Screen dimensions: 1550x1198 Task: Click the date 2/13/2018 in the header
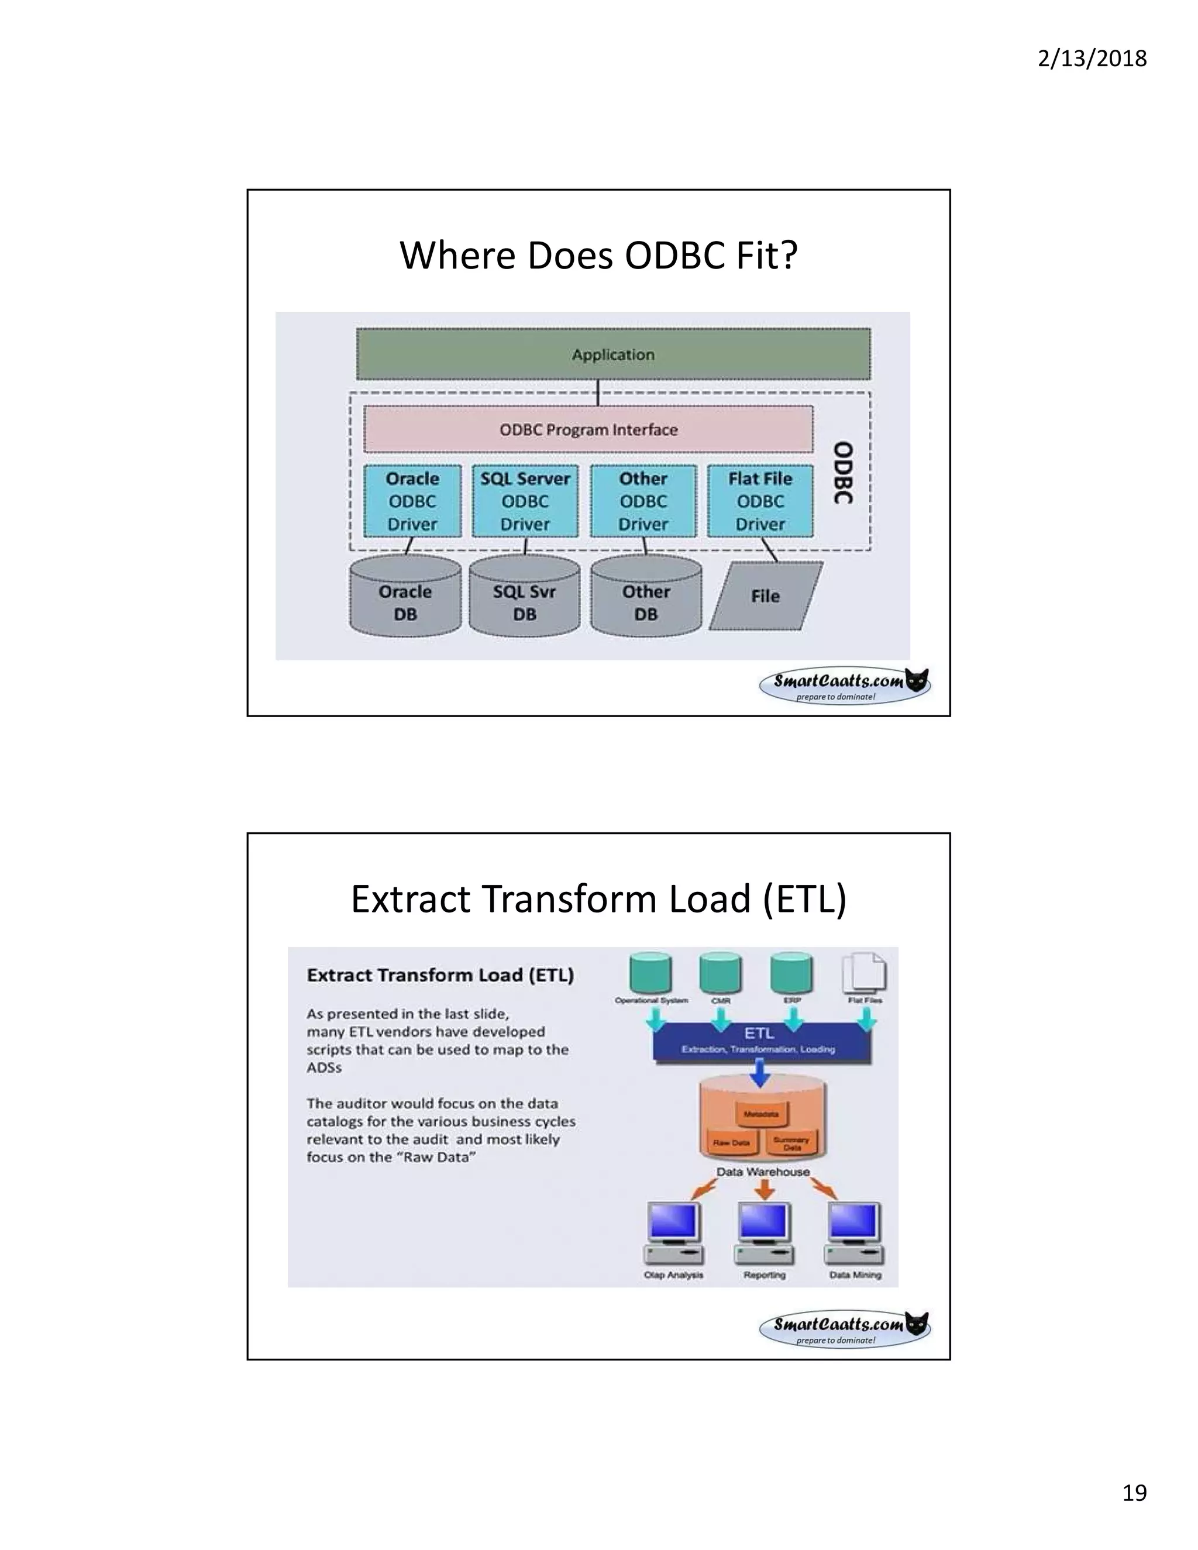(x=1092, y=58)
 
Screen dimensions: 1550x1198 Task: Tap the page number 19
(x=1134, y=1493)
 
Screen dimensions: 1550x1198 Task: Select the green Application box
(x=613, y=354)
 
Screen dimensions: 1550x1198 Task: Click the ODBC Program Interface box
(x=588, y=429)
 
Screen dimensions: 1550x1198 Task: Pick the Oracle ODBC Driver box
(x=412, y=501)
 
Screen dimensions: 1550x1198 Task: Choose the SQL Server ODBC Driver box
(x=525, y=501)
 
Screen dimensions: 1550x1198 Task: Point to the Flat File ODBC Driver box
(x=760, y=501)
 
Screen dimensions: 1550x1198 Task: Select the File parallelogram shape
(x=766, y=596)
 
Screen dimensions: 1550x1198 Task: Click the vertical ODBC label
(x=842, y=473)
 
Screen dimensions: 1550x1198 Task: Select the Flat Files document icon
(x=864, y=973)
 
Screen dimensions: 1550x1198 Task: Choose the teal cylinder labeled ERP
(x=791, y=972)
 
